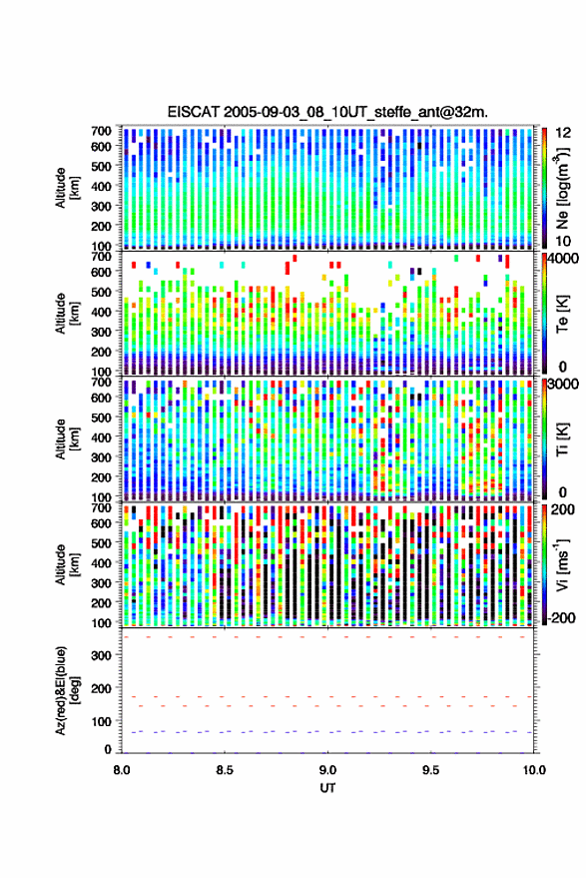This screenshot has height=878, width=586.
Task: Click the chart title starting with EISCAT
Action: point(327,112)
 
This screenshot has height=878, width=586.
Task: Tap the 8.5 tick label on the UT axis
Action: point(225,770)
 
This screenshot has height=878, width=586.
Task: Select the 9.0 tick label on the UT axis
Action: point(328,770)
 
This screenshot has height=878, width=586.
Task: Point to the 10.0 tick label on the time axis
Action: point(534,770)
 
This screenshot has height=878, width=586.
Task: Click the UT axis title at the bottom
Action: point(327,788)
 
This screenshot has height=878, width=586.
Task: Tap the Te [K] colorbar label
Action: point(562,314)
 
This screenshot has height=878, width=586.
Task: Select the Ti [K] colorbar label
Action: point(562,439)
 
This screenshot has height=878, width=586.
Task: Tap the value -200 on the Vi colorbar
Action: point(561,617)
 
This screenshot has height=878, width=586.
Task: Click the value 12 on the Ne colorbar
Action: point(563,133)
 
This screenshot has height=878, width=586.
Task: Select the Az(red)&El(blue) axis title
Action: point(67,691)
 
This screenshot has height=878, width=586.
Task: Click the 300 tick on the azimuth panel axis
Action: point(101,655)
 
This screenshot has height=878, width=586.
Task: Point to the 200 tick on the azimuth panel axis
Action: point(101,688)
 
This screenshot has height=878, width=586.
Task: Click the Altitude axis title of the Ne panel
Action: point(67,188)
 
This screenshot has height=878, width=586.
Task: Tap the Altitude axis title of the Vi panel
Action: point(67,564)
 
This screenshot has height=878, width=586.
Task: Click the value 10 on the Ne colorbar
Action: point(563,242)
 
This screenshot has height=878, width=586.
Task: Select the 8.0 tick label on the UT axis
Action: point(122,770)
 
